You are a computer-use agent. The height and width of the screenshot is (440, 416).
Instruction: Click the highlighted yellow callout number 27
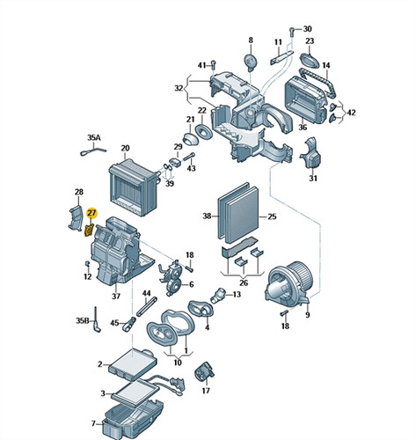pyautogui.click(x=91, y=213)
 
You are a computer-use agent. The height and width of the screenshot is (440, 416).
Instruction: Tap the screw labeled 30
pyautogui.click(x=292, y=32)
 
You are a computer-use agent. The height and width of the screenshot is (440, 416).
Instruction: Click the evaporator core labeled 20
pyautogui.click(x=132, y=187)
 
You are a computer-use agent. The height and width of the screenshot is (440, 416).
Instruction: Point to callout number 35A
pyautogui.click(x=93, y=137)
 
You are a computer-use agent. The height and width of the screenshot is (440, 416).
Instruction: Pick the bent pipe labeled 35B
pyautogui.click(x=97, y=320)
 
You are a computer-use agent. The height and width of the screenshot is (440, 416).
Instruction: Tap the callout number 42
pyautogui.click(x=351, y=113)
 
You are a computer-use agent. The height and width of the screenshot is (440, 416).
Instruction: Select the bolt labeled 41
pyautogui.click(x=214, y=66)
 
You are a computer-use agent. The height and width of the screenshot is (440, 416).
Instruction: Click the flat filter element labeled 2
pyautogui.click(x=132, y=362)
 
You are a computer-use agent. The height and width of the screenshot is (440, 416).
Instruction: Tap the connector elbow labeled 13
pyautogui.click(x=218, y=296)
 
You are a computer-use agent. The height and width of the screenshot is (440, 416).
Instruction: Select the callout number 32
pyautogui.click(x=179, y=88)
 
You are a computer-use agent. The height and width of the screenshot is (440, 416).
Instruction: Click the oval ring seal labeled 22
pyautogui.click(x=203, y=131)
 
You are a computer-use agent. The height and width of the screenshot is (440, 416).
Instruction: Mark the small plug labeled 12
pyautogui.click(x=87, y=263)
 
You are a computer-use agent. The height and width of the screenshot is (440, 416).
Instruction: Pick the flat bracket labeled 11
pyautogui.click(x=281, y=57)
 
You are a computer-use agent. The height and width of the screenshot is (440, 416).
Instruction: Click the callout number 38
pyautogui.click(x=207, y=216)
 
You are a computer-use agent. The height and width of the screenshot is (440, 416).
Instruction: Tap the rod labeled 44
pyautogui.click(x=147, y=306)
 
